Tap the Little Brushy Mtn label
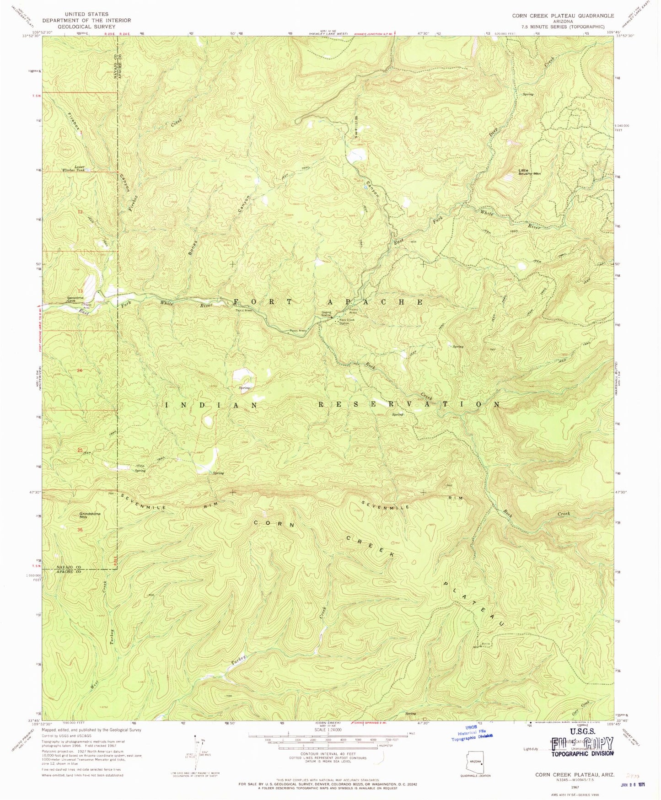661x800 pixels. pyautogui.click(x=529, y=172)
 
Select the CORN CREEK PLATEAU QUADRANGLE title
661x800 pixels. pyautogui.click(x=563, y=16)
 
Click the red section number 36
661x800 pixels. pyautogui.click(x=81, y=530)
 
